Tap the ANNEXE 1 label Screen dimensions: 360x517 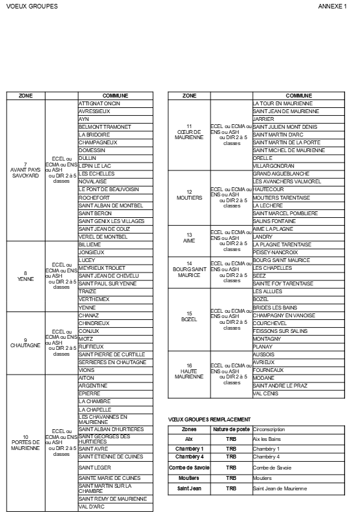pos(332,6)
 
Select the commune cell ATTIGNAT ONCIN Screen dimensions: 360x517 pos(99,103)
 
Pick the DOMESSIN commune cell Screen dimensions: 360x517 pos(92,150)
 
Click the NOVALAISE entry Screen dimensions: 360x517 pos(94,181)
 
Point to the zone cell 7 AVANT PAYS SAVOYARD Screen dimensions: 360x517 pos(25,170)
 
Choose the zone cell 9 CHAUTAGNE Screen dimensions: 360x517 pos(25,343)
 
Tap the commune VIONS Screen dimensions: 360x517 pos(86,370)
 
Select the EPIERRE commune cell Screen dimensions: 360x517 pos(89,393)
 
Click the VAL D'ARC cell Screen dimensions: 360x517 pos(92,507)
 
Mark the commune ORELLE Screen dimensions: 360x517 pos(263,158)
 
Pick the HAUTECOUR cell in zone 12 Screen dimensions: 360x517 pos(268,189)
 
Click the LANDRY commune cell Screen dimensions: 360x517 pos(263,237)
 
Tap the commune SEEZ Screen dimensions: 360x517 pos(259,276)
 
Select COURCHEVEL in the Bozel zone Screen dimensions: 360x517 pos(270,323)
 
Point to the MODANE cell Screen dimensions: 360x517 pos(264,378)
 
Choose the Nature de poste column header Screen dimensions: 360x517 pos(231,430)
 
